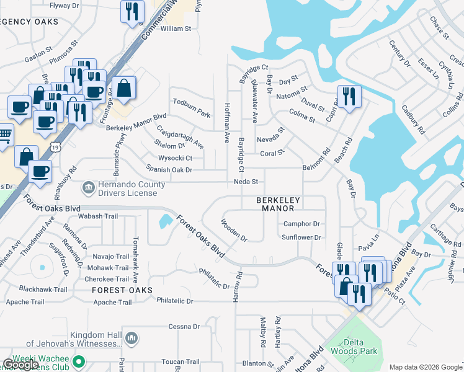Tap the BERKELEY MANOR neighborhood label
279,205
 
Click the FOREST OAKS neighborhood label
122,290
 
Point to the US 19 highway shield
56,146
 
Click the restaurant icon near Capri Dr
348,96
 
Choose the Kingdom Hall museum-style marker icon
131,338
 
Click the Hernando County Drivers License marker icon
89,186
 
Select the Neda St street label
245,182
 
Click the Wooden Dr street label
234,229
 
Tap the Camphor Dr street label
301,224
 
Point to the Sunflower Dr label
301,237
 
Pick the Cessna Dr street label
184,326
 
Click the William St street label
176,29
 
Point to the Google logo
20,365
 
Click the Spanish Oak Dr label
165,169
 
